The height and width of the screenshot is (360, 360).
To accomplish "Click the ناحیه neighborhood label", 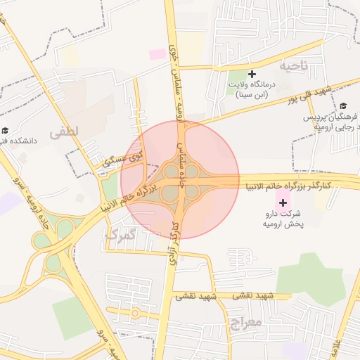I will coord(295,66).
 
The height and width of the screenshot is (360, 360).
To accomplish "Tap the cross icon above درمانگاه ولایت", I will coord(252,74).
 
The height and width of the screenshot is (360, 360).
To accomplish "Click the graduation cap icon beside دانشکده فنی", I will coord(6,130).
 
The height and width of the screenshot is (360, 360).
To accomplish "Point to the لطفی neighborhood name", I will coord(66,130).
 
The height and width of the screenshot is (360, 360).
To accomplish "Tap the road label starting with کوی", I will coord(122,157).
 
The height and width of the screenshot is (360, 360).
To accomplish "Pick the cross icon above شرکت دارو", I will coord(283,202).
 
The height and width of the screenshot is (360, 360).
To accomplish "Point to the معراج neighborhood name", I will coord(246,323).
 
